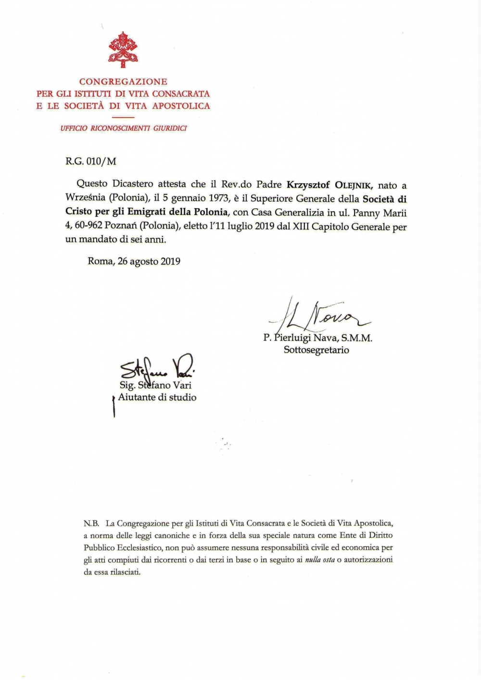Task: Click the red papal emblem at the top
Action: pos(123,50)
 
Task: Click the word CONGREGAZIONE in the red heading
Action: pos(123,82)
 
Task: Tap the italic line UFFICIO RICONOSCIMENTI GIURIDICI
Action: pos(123,128)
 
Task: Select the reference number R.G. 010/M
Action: pos(91,162)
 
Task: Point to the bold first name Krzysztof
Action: pos(308,185)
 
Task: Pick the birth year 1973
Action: pos(215,199)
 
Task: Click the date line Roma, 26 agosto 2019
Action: pos(134,262)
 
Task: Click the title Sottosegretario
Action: pos(316,350)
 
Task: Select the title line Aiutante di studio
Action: pos(157,397)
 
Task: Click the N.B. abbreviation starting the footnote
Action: pos(91,523)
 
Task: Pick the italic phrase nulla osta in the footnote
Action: pos(320,560)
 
